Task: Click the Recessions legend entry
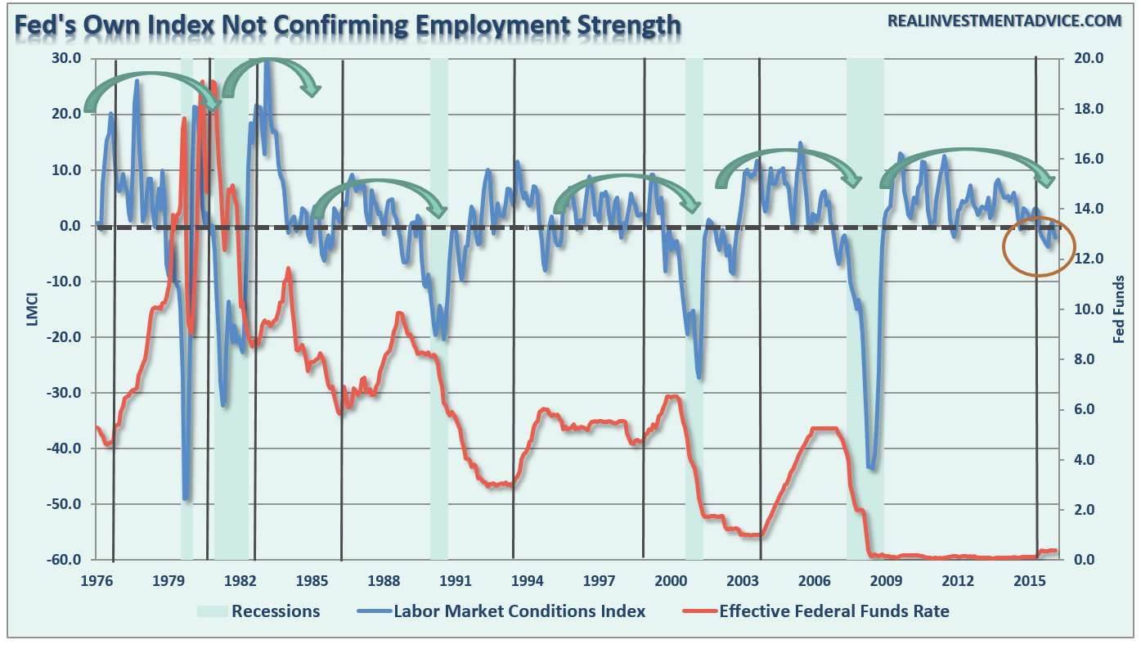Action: coord(276,611)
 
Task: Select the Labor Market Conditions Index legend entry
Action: coord(519,611)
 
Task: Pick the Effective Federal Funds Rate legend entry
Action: coord(834,611)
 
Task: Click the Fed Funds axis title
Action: coord(1118,309)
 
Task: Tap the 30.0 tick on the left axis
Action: coord(65,59)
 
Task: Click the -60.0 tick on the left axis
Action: coord(63,560)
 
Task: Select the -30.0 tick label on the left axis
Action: coord(63,393)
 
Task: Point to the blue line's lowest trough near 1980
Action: coord(186,498)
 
